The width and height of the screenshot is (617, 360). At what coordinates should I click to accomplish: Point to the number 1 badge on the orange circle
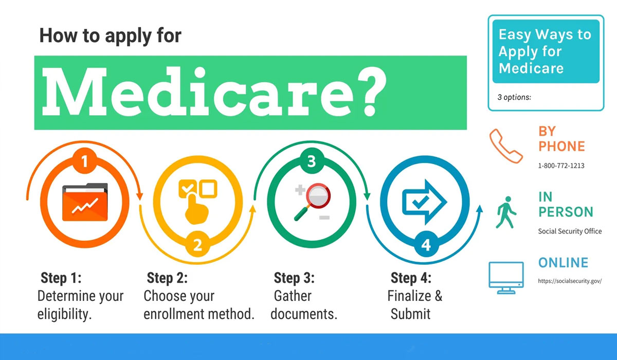pyautogui.click(x=85, y=163)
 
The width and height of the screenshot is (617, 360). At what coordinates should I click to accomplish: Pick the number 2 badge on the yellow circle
pyautogui.click(x=197, y=245)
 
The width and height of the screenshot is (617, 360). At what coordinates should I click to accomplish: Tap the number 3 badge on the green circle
pyautogui.click(x=311, y=162)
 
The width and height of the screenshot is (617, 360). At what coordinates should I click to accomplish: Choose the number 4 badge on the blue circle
pyautogui.click(x=426, y=245)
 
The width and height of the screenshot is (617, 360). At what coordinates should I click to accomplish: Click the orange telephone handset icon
pyautogui.click(x=506, y=146)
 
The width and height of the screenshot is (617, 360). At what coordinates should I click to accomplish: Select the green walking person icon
pyautogui.click(x=505, y=212)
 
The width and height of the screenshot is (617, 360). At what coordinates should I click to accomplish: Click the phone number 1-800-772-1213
pyautogui.click(x=561, y=166)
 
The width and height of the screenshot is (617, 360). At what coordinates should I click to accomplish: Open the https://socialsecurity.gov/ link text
pyautogui.click(x=570, y=281)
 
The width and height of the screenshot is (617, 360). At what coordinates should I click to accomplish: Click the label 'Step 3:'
pyautogui.click(x=294, y=278)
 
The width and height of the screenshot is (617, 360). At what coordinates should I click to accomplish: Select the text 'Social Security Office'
pyautogui.click(x=570, y=231)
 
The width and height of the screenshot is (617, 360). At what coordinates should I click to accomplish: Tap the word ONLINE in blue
pyautogui.click(x=563, y=263)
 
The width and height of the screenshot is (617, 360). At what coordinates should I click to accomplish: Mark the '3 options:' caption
pyautogui.click(x=514, y=97)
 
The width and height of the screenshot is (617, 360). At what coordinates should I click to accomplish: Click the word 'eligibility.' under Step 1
pyautogui.click(x=64, y=314)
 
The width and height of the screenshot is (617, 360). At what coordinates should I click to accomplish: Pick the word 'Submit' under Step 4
pyautogui.click(x=410, y=314)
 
